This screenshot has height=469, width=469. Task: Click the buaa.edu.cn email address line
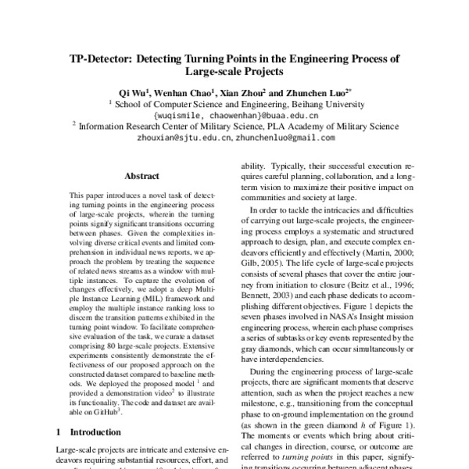234,113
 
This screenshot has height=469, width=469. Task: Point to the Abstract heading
141,177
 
